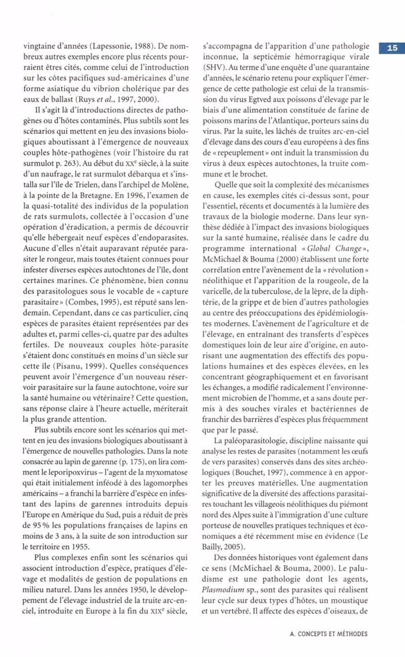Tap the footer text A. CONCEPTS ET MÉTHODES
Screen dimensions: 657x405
[x=330, y=634]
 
